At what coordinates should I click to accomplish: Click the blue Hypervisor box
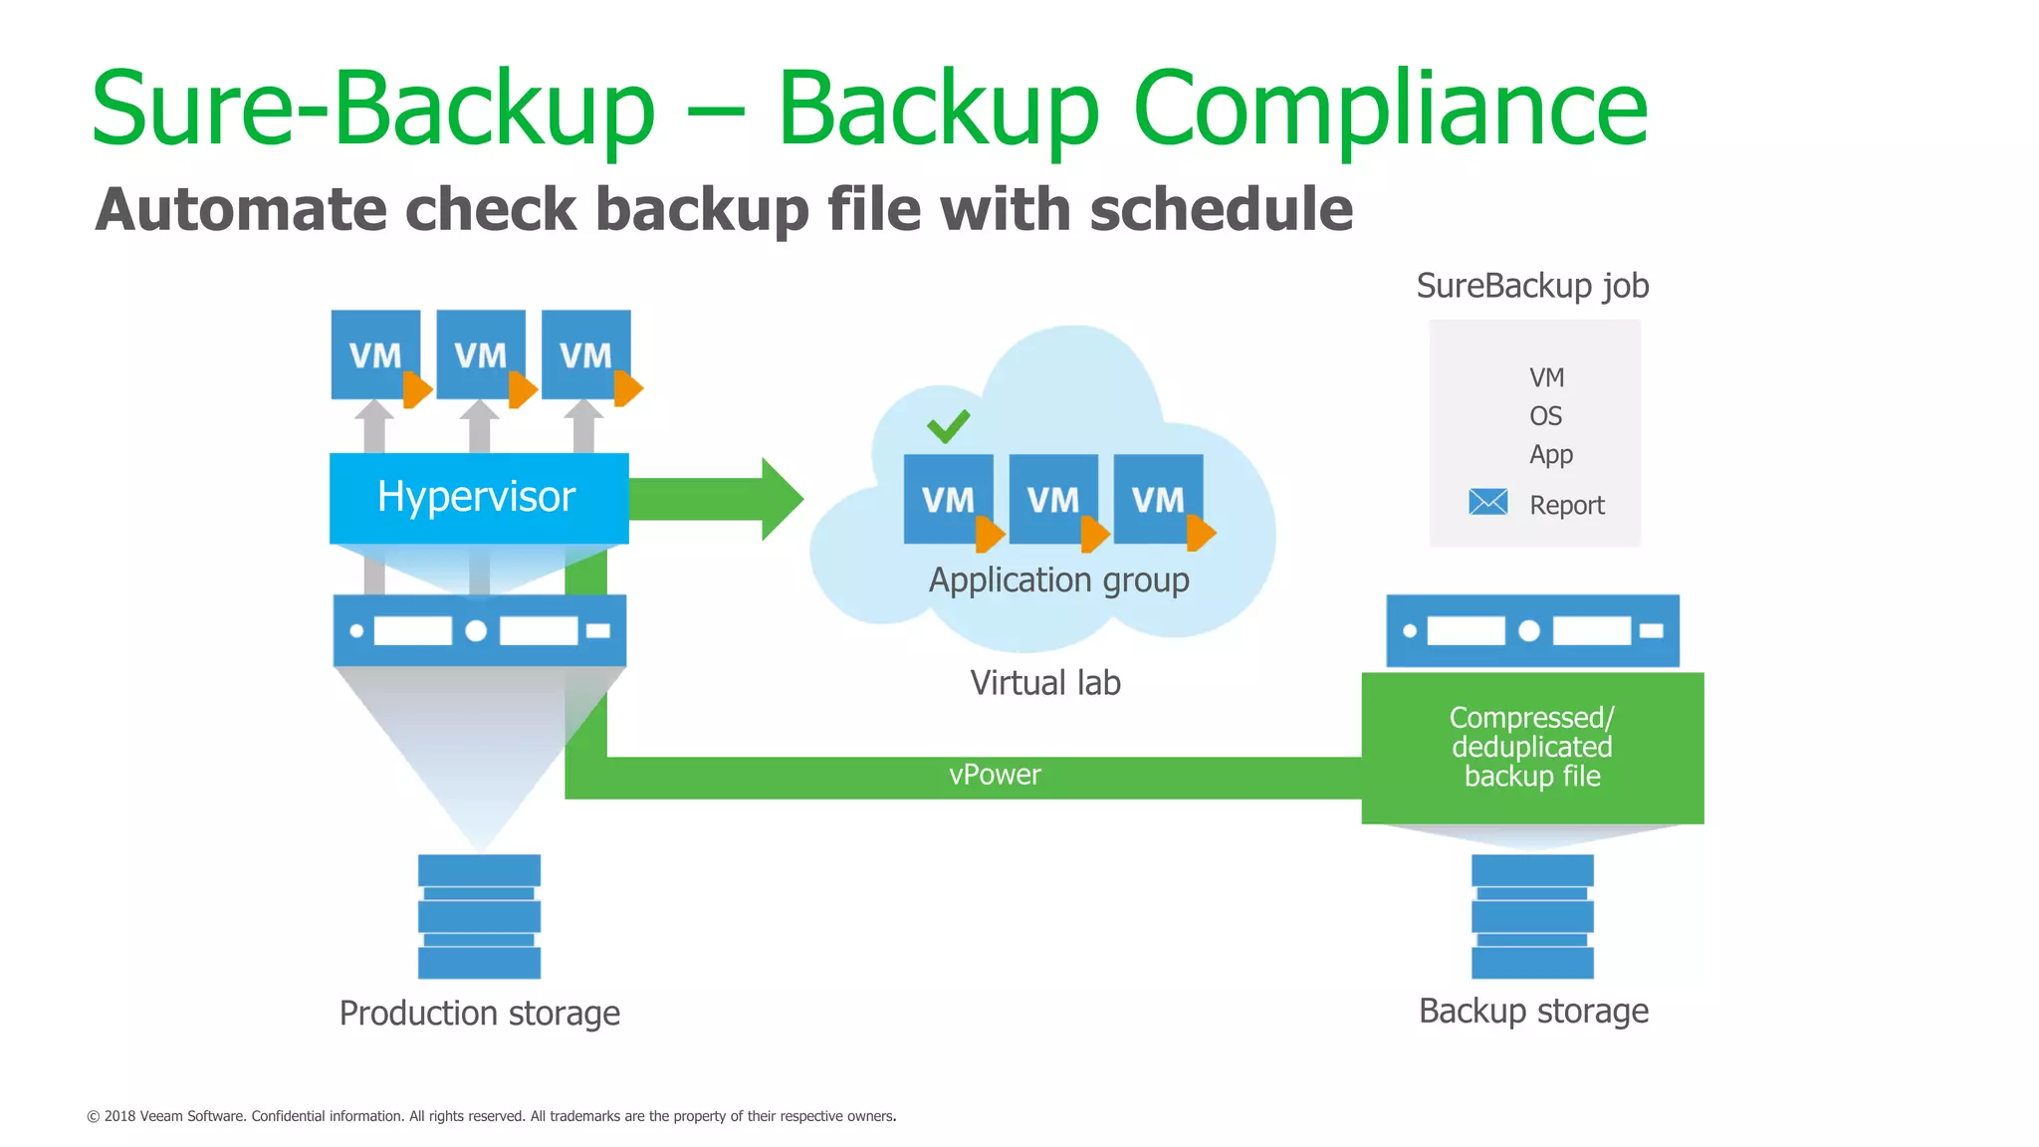[x=478, y=498]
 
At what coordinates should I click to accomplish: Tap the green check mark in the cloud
[x=948, y=426]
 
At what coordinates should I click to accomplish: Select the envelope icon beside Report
[x=1487, y=502]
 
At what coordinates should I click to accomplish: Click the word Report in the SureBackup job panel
[x=1566, y=506]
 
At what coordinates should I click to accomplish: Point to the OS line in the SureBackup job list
[x=1545, y=416]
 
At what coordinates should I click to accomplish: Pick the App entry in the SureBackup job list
[x=1550, y=455]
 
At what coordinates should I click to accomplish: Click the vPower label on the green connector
[x=994, y=775]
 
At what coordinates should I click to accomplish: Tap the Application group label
[x=1058, y=580]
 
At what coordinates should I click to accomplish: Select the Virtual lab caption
[x=1044, y=683]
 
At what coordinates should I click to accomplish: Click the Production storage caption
[x=479, y=1014]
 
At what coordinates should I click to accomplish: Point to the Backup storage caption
[x=1533, y=1012]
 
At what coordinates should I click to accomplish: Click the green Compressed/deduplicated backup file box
[x=1531, y=748]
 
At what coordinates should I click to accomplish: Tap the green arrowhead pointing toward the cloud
[x=782, y=499]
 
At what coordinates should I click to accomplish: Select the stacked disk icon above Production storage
[x=479, y=916]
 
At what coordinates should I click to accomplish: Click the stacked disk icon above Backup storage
[x=1531, y=916]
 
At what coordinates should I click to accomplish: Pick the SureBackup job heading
[x=1532, y=287]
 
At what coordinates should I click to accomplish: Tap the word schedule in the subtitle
[x=1221, y=210]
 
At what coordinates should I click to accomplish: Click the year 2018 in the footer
[x=119, y=1116]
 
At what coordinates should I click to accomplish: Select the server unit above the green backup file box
[x=1531, y=631]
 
